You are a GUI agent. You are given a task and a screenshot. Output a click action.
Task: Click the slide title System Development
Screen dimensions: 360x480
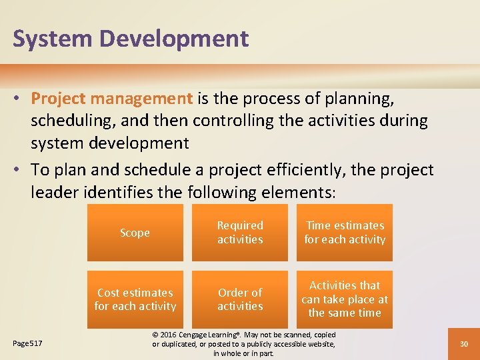[131, 39]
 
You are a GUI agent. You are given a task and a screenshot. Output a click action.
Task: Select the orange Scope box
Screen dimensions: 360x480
[135, 233]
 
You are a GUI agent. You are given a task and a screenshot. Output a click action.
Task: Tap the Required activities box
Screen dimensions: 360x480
[240, 233]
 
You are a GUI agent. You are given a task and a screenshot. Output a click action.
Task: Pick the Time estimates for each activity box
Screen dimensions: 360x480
[345, 233]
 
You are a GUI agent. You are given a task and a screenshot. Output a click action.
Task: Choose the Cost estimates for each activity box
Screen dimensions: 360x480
[135, 299]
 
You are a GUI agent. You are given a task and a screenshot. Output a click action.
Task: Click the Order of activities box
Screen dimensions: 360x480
[240, 299]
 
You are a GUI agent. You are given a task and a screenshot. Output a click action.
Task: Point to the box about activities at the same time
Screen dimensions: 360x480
[345, 299]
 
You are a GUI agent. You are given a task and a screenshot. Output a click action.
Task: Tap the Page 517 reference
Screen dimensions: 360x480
[28, 343]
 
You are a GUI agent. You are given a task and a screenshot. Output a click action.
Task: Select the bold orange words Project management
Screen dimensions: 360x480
[112, 99]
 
